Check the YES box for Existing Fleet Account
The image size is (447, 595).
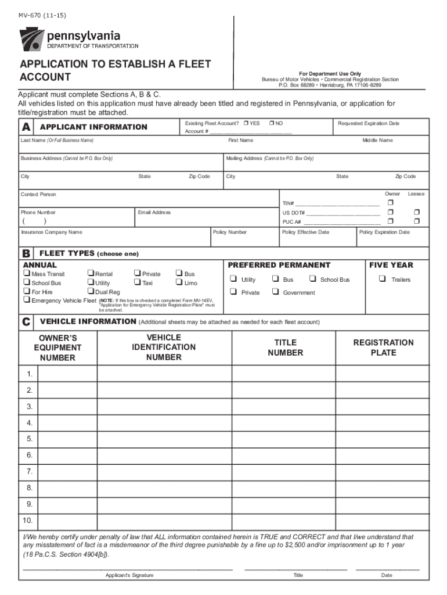tap(246, 123)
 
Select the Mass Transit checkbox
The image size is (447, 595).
tap(27, 274)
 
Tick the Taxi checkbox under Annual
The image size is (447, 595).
tap(136, 283)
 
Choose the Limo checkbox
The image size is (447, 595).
tap(179, 283)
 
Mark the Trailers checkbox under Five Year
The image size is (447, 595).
tap(382, 279)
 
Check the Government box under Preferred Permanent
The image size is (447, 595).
tap(275, 292)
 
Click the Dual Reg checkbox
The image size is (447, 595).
tap(90, 292)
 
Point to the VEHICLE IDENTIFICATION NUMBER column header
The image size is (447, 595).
tap(164, 347)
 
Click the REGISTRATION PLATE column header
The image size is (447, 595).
tap(383, 347)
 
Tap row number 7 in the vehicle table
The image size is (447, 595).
tap(29, 471)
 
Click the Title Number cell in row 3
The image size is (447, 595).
tap(284, 406)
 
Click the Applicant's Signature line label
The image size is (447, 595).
tap(129, 575)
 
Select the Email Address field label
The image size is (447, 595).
tap(154, 213)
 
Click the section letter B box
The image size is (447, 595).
tap(27, 254)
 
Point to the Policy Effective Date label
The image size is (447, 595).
tap(305, 232)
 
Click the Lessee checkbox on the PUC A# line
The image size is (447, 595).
tap(416, 221)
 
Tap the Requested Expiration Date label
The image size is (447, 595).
tap(369, 123)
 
